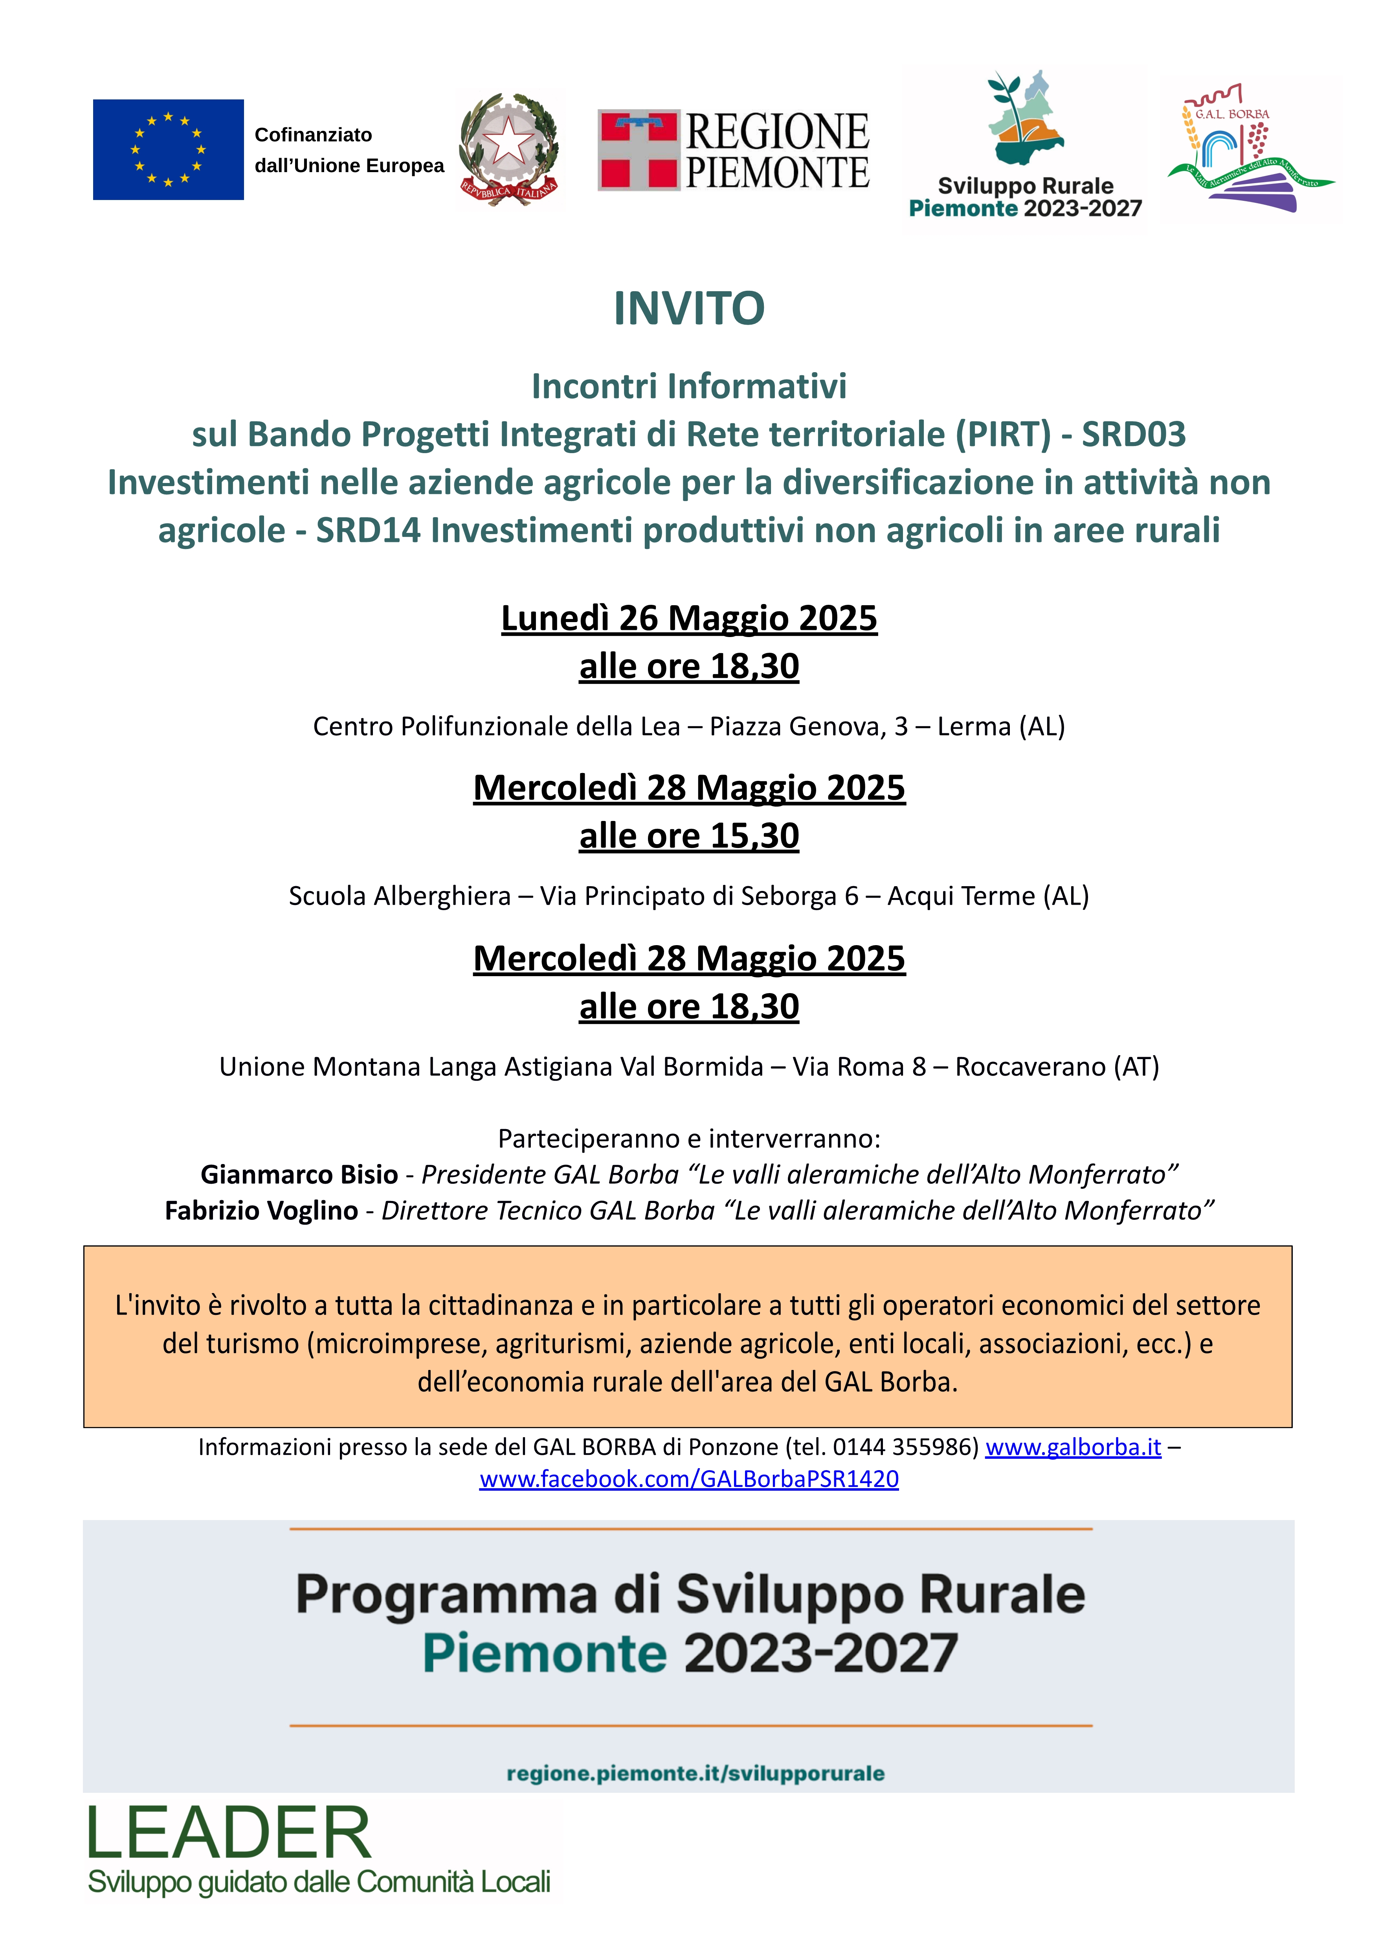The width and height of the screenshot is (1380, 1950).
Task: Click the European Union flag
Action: [x=168, y=150]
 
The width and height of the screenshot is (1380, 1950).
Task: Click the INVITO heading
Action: [x=689, y=308]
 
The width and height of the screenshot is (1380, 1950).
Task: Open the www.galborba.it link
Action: [x=1072, y=1447]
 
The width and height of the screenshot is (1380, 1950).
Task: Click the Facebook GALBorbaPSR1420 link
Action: [x=689, y=1479]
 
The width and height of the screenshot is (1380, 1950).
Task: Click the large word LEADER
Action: [x=229, y=1834]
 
